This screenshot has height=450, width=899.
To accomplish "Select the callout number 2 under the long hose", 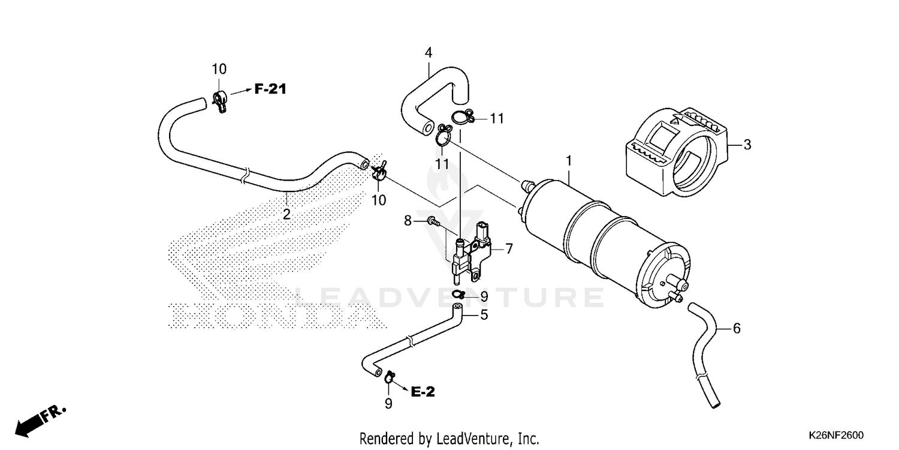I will pyautogui.click(x=286, y=214).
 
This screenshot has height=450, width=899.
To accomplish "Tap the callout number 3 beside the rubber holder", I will pyautogui.click(x=747, y=145).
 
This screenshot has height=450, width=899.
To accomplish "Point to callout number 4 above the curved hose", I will pyautogui.click(x=429, y=53).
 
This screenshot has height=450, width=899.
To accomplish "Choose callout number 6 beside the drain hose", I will pyautogui.click(x=737, y=328).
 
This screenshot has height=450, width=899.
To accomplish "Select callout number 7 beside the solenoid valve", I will pyautogui.click(x=509, y=247).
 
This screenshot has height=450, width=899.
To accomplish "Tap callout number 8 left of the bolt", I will pyautogui.click(x=408, y=221).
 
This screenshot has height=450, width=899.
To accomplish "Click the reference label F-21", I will pyautogui.click(x=270, y=89).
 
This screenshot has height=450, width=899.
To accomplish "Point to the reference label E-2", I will pyautogui.click(x=423, y=392).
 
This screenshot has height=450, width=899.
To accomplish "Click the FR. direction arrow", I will pyautogui.click(x=40, y=420).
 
